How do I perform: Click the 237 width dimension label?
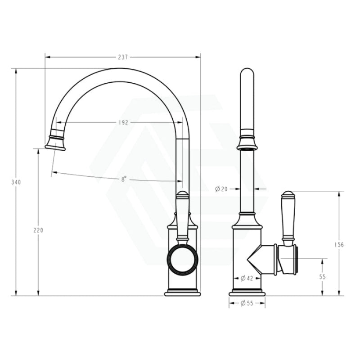click(123, 57)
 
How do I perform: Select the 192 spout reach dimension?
click(124, 122)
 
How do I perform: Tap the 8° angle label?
click(123, 179)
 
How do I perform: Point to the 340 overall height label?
click(17, 182)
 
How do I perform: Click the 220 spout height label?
click(38, 230)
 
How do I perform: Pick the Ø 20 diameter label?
click(221, 189)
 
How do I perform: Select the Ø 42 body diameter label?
click(246, 278)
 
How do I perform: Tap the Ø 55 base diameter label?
click(246, 303)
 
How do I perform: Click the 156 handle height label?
click(339, 245)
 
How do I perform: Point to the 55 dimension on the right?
click(322, 277)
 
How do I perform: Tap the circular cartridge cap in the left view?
click(182, 260)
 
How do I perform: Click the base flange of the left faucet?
click(182, 293)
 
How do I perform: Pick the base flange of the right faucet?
click(247, 293)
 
